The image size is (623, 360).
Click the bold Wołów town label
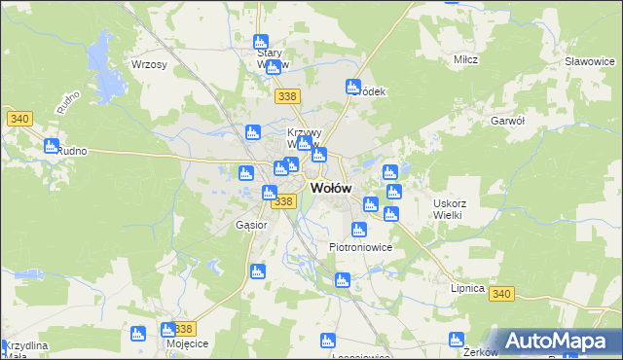coord(331,188)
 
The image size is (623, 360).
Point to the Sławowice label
coord(589,60)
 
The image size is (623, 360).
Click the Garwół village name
coord(508,121)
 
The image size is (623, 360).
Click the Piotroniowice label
coord(360,247)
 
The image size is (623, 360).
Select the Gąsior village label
coord(251,225)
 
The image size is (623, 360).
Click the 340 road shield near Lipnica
coord(502,294)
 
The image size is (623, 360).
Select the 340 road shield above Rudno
coord(19,119)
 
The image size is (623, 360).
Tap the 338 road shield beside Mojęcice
coord(185,329)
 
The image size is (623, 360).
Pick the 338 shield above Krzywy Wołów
coord(287,96)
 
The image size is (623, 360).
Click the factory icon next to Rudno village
coord(52,146)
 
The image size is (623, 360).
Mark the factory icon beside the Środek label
coord(353,87)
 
